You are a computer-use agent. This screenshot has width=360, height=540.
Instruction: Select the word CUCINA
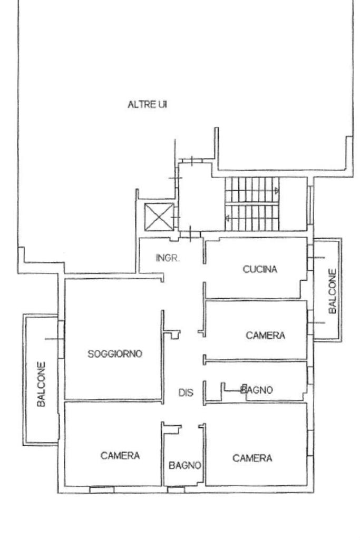pos(260,269)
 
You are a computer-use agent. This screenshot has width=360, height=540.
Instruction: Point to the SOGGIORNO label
pos(115,354)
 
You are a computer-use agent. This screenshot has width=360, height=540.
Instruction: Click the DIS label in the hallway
pos(185,392)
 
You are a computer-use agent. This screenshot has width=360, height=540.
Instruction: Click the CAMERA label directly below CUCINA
pos(265,335)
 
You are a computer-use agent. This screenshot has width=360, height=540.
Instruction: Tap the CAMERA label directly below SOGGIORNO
pos(120,456)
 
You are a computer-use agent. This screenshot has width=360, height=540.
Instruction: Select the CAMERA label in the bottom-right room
pos(252,458)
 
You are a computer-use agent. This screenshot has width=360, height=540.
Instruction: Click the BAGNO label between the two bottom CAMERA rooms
pos(185,465)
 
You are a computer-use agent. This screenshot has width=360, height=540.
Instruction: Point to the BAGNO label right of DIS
pos(257,390)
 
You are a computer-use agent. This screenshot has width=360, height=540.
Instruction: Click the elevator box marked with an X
pos(158,217)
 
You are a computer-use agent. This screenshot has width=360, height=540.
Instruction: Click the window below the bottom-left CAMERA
pos(101,490)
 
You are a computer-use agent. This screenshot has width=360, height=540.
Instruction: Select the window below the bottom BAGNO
pos(176,490)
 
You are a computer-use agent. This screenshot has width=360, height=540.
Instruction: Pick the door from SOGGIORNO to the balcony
pos(61,339)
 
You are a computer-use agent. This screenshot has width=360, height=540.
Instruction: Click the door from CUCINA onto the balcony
pos(310,258)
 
